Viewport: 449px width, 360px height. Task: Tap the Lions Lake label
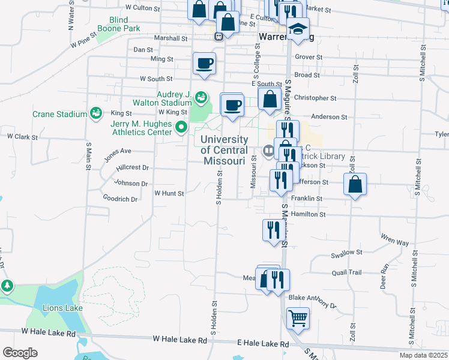click(62, 308)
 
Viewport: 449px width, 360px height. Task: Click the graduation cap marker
click(298, 29)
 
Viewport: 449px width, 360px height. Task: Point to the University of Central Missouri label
click(224, 150)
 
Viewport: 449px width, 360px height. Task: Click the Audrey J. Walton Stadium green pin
click(202, 97)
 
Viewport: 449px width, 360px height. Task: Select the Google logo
click(20, 352)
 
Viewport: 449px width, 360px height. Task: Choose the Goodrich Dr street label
click(121, 199)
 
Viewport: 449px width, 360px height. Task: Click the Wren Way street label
click(394, 243)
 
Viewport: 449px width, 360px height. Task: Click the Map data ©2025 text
click(423, 355)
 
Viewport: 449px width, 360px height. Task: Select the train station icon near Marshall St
click(220, 35)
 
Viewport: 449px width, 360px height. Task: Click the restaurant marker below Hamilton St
click(271, 230)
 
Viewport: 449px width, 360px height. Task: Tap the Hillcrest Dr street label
click(132, 168)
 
